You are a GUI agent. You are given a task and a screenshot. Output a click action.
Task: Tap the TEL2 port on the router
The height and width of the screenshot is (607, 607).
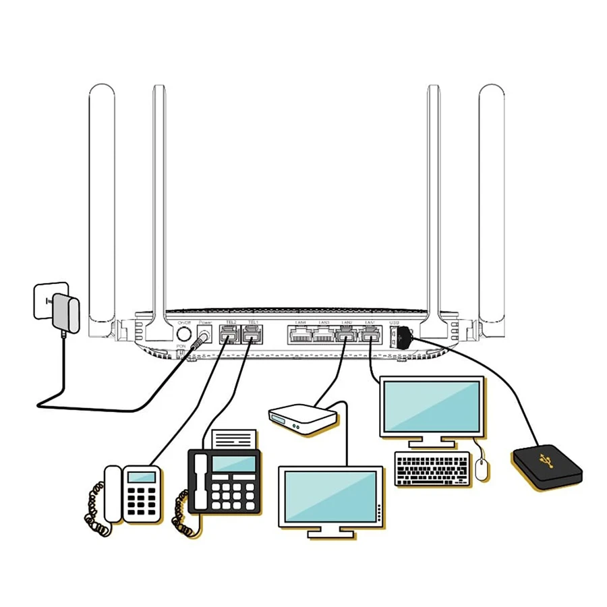229,334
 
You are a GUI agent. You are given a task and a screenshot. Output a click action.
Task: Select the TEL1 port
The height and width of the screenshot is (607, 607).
251,334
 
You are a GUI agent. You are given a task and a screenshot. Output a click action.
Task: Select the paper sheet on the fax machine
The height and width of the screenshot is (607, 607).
233,439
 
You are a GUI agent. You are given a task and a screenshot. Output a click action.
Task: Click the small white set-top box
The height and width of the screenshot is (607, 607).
302,419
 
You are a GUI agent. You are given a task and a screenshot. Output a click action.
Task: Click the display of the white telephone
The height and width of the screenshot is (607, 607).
142,477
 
